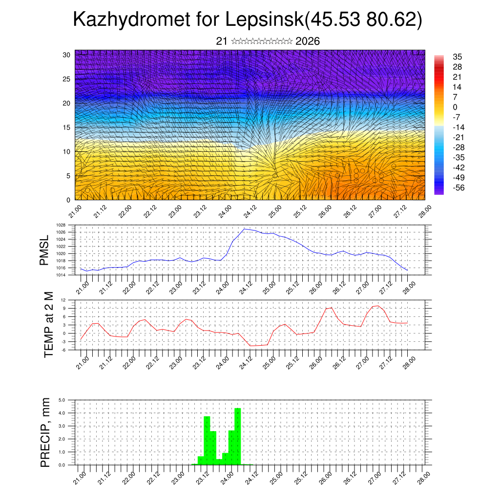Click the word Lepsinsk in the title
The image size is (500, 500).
click(264, 21)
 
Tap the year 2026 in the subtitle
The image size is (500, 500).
click(308, 41)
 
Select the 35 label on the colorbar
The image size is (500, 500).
click(458, 57)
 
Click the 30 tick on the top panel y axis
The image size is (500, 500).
click(66, 55)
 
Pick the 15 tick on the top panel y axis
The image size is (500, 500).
click(66, 127)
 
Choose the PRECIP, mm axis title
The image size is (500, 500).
click(45, 432)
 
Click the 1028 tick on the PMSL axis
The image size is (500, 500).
click(61, 225)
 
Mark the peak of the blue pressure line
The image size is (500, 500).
click(244, 229)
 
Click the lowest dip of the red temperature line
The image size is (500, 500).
click(250, 346)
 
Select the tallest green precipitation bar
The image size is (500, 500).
click(238, 436)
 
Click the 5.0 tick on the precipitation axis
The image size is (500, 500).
click(62, 400)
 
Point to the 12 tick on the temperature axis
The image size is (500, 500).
click(63, 300)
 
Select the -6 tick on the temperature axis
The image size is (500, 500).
click(63, 350)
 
